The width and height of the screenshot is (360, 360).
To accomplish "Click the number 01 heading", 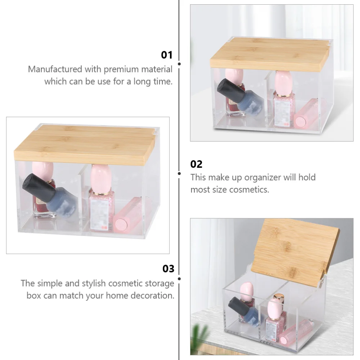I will (x=167, y=55).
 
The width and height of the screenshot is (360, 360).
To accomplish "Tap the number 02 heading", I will (x=196, y=164).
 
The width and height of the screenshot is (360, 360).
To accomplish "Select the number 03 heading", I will (x=168, y=269).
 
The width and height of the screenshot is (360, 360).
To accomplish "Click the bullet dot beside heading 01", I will (x=179, y=64).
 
